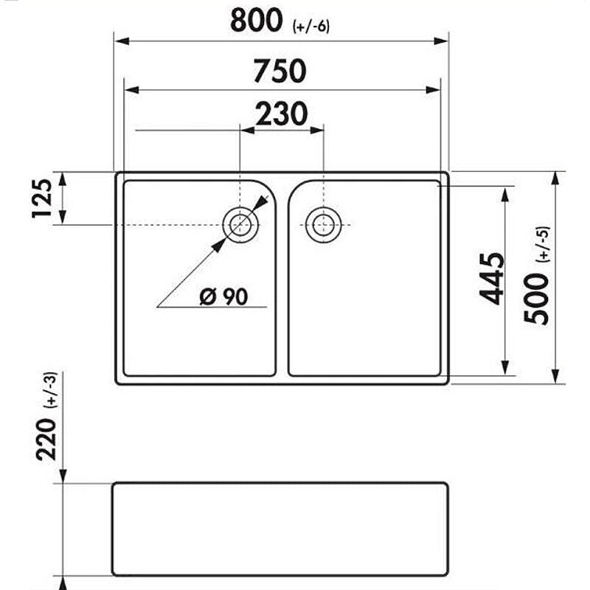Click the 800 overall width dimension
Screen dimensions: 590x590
tap(256, 21)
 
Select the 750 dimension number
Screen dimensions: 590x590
tap(280, 71)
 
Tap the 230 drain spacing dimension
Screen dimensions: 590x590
tap(282, 114)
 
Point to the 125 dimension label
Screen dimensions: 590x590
tap(42, 198)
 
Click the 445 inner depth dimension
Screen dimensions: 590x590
tap(491, 279)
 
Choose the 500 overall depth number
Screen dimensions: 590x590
tap(537, 299)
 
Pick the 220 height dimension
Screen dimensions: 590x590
tap(46, 439)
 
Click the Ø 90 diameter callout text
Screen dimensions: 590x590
tap(223, 296)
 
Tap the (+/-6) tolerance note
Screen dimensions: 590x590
tap(310, 27)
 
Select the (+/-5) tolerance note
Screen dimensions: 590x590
tap(544, 244)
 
